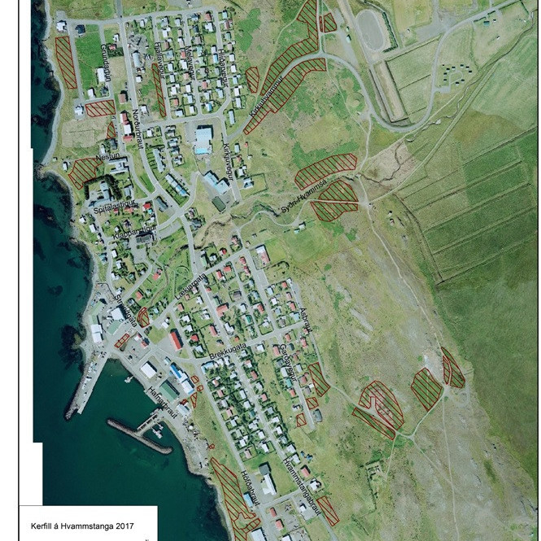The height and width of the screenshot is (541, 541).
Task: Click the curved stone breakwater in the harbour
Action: [x=138, y=436]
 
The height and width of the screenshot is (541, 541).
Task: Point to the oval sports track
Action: [x=370, y=30]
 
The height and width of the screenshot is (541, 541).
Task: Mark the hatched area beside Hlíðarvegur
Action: [x=253, y=79]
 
